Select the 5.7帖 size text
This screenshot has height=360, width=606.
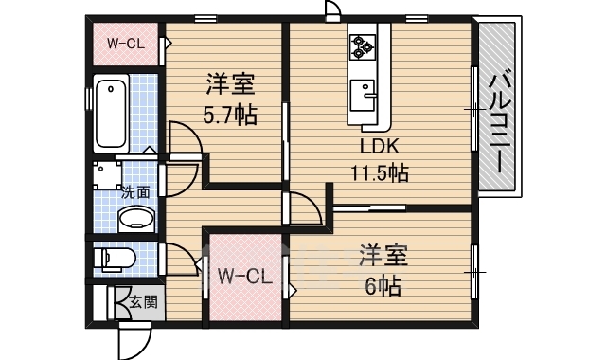(x=227, y=116)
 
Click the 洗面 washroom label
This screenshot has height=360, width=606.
(x=135, y=191)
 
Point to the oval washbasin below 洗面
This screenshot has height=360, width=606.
(x=136, y=220)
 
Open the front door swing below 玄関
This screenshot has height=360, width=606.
(x=133, y=336)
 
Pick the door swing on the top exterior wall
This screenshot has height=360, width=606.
(x=332, y=9)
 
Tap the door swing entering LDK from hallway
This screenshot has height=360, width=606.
(x=305, y=209)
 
